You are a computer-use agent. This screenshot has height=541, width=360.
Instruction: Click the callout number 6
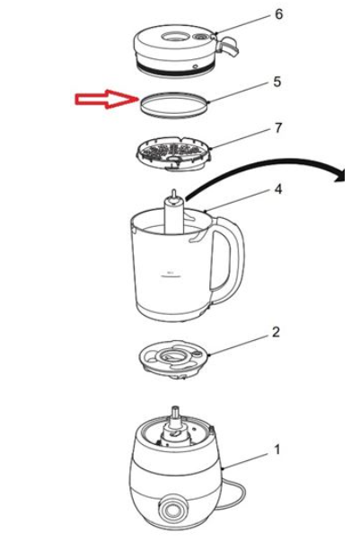point(278,14)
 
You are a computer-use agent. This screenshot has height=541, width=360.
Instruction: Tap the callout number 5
point(277,82)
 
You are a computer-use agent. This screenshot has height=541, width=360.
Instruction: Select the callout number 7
point(277,127)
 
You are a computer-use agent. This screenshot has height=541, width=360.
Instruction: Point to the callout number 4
point(277,188)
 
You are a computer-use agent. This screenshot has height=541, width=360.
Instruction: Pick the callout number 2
point(276,332)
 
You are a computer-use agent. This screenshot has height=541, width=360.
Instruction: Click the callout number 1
point(277,449)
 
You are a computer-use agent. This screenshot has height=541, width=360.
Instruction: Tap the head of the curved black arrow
point(340,175)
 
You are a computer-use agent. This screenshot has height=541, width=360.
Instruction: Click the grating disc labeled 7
point(173,153)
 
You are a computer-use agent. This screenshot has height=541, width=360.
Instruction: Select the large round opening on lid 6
point(174,36)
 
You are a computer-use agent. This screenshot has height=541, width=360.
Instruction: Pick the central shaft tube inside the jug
point(174,215)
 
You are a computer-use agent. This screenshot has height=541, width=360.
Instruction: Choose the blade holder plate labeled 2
point(173,360)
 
